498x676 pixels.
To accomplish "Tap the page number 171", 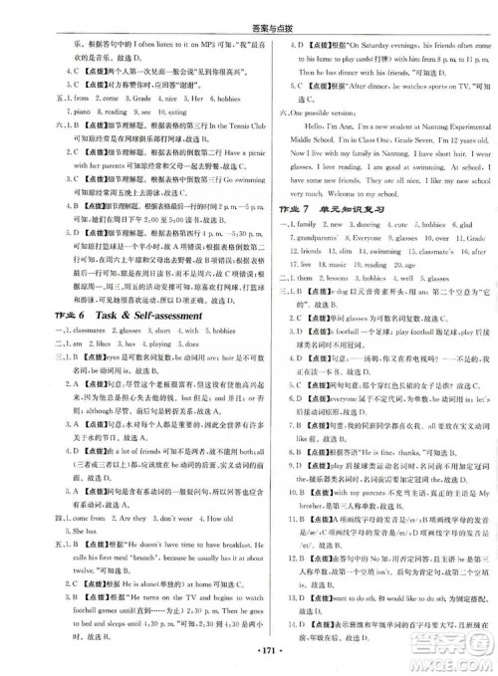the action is (249, 660).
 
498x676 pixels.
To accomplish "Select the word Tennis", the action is (212, 127).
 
